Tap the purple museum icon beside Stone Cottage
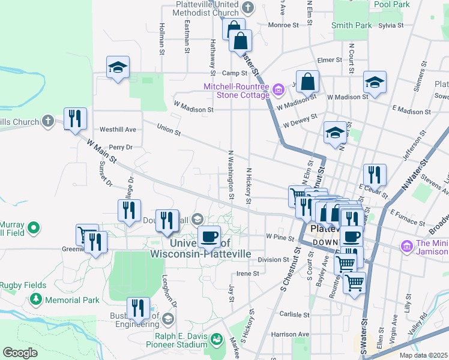coord(278,91)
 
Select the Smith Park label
coord(351,25)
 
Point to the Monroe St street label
coord(283,25)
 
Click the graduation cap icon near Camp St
coord(118,67)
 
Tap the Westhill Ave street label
coord(118,129)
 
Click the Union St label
coord(169,128)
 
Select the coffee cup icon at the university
coord(209,236)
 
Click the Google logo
coord(20,353)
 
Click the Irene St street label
coord(247,273)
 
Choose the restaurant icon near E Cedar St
coord(374,175)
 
